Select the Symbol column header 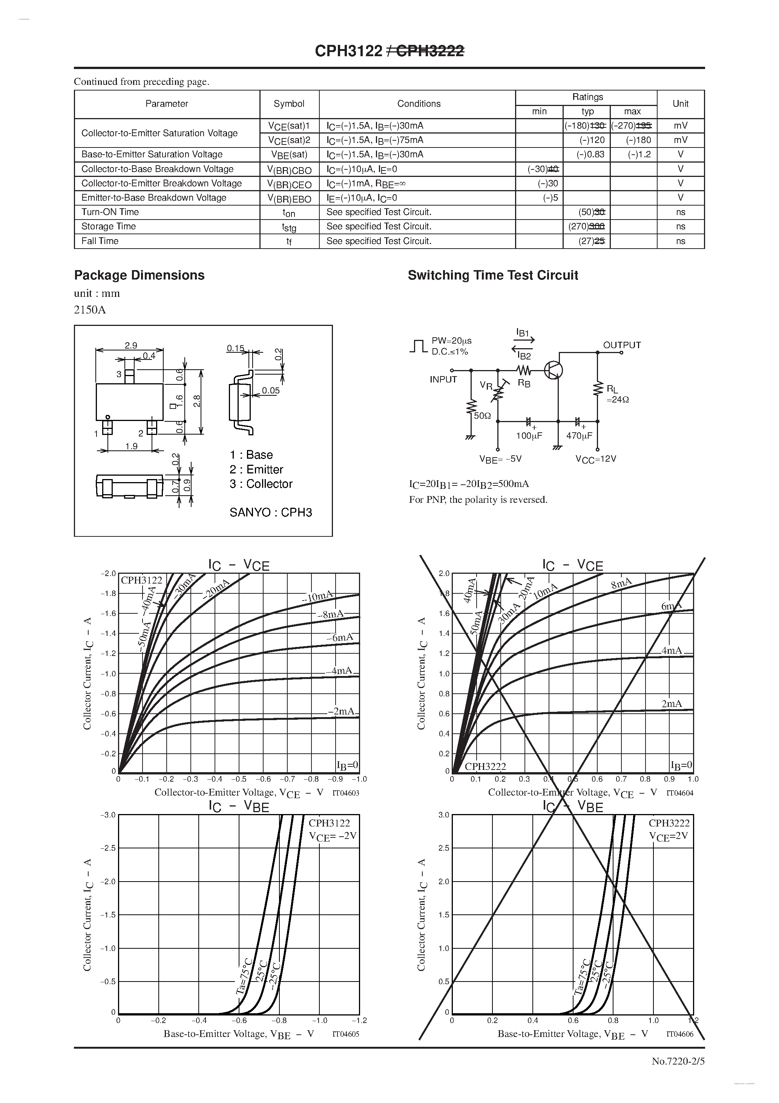pos(289,104)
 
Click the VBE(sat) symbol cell pos(289,155)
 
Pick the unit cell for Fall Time pos(680,241)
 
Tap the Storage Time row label pos(109,226)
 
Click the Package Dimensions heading pos(139,275)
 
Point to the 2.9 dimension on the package pos(130,346)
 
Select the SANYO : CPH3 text pos(270,513)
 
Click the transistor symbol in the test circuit pos(553,370)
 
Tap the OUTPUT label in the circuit pos(621,345)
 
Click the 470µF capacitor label pos(579,436)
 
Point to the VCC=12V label pos(595,459)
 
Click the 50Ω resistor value pos(482,416)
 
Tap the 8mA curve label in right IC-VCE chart pos(621,584)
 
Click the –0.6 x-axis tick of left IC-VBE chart pos(239,1020)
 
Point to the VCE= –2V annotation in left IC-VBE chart pos(332,836)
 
